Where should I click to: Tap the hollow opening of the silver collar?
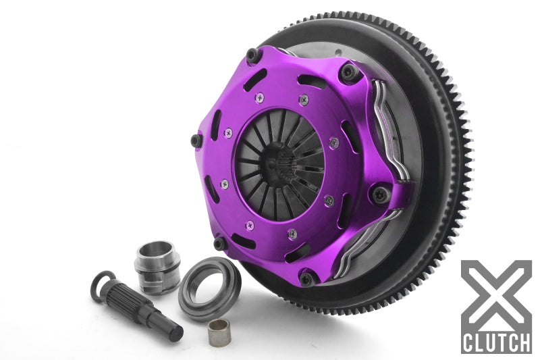pos(158,250)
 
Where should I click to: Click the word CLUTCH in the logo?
pos(496,340)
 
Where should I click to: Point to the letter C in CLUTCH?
pos(470,340)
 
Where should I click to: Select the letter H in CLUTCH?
pos(523,340)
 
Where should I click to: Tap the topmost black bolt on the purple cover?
pos(253,55)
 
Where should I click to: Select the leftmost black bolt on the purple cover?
pos(196,140)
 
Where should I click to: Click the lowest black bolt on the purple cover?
pos(306,278)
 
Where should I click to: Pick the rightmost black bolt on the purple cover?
pos(381,195)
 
